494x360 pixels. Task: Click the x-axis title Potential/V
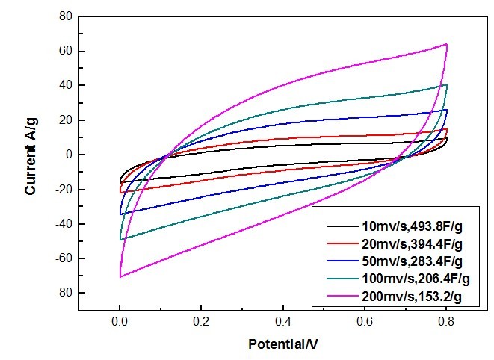point(283,345)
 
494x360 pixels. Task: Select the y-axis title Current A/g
point(31,155)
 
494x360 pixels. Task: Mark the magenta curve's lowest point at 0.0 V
point(120,277)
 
